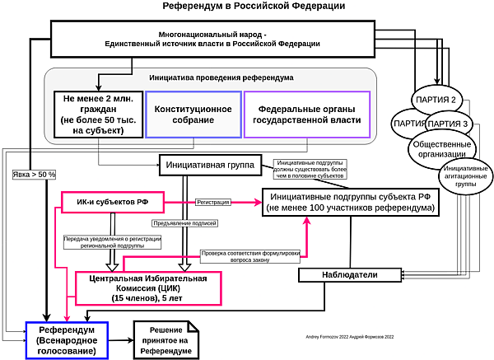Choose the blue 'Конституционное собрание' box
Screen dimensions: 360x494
[192, 115]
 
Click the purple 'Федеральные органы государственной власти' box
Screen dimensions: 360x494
[306, 115]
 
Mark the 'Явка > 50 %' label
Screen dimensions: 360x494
[35, 175]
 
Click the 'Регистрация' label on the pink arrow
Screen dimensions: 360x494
[213, 202]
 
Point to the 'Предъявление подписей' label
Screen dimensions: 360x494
[183, 222]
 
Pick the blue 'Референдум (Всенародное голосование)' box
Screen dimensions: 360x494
[66, 339]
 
